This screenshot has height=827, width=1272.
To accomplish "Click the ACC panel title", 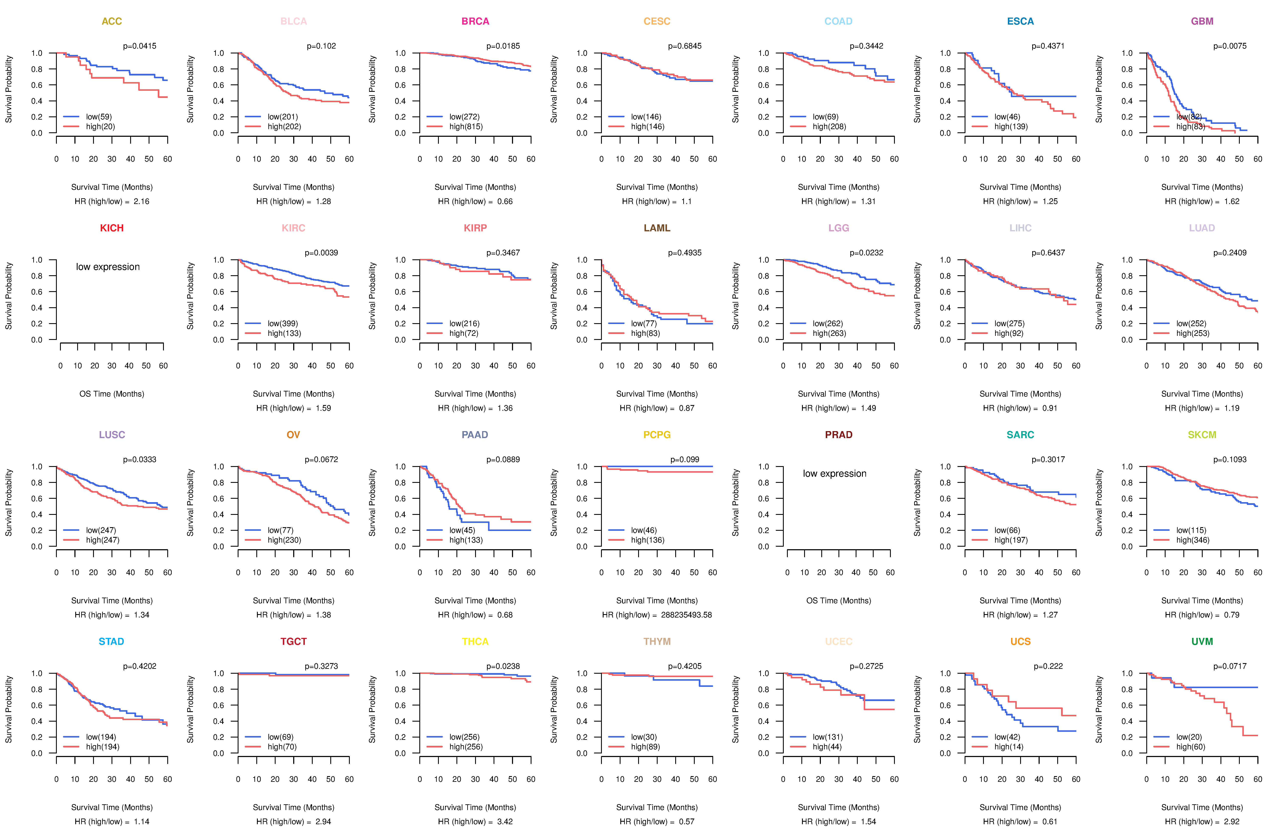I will pos(112,21).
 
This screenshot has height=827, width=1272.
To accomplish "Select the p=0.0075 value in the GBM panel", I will pos(1230,46).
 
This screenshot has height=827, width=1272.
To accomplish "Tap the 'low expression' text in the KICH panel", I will pos(108,267).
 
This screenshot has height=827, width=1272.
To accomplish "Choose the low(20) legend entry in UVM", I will pos(1189,737).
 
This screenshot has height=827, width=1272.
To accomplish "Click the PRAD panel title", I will pos(838,435).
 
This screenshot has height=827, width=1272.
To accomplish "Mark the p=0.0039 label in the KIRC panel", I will pos(321,253).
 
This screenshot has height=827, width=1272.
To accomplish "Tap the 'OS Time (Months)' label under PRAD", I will pos(838,600).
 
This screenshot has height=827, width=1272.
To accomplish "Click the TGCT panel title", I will pos(293,641).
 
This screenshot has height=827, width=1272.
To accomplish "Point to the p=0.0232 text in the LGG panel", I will pos(866,253).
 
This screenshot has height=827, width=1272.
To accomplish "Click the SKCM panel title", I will pos(1202,435).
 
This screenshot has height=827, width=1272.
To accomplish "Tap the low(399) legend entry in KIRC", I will pos(283,323).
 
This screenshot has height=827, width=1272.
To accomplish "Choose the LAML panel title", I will pos(657,228).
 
